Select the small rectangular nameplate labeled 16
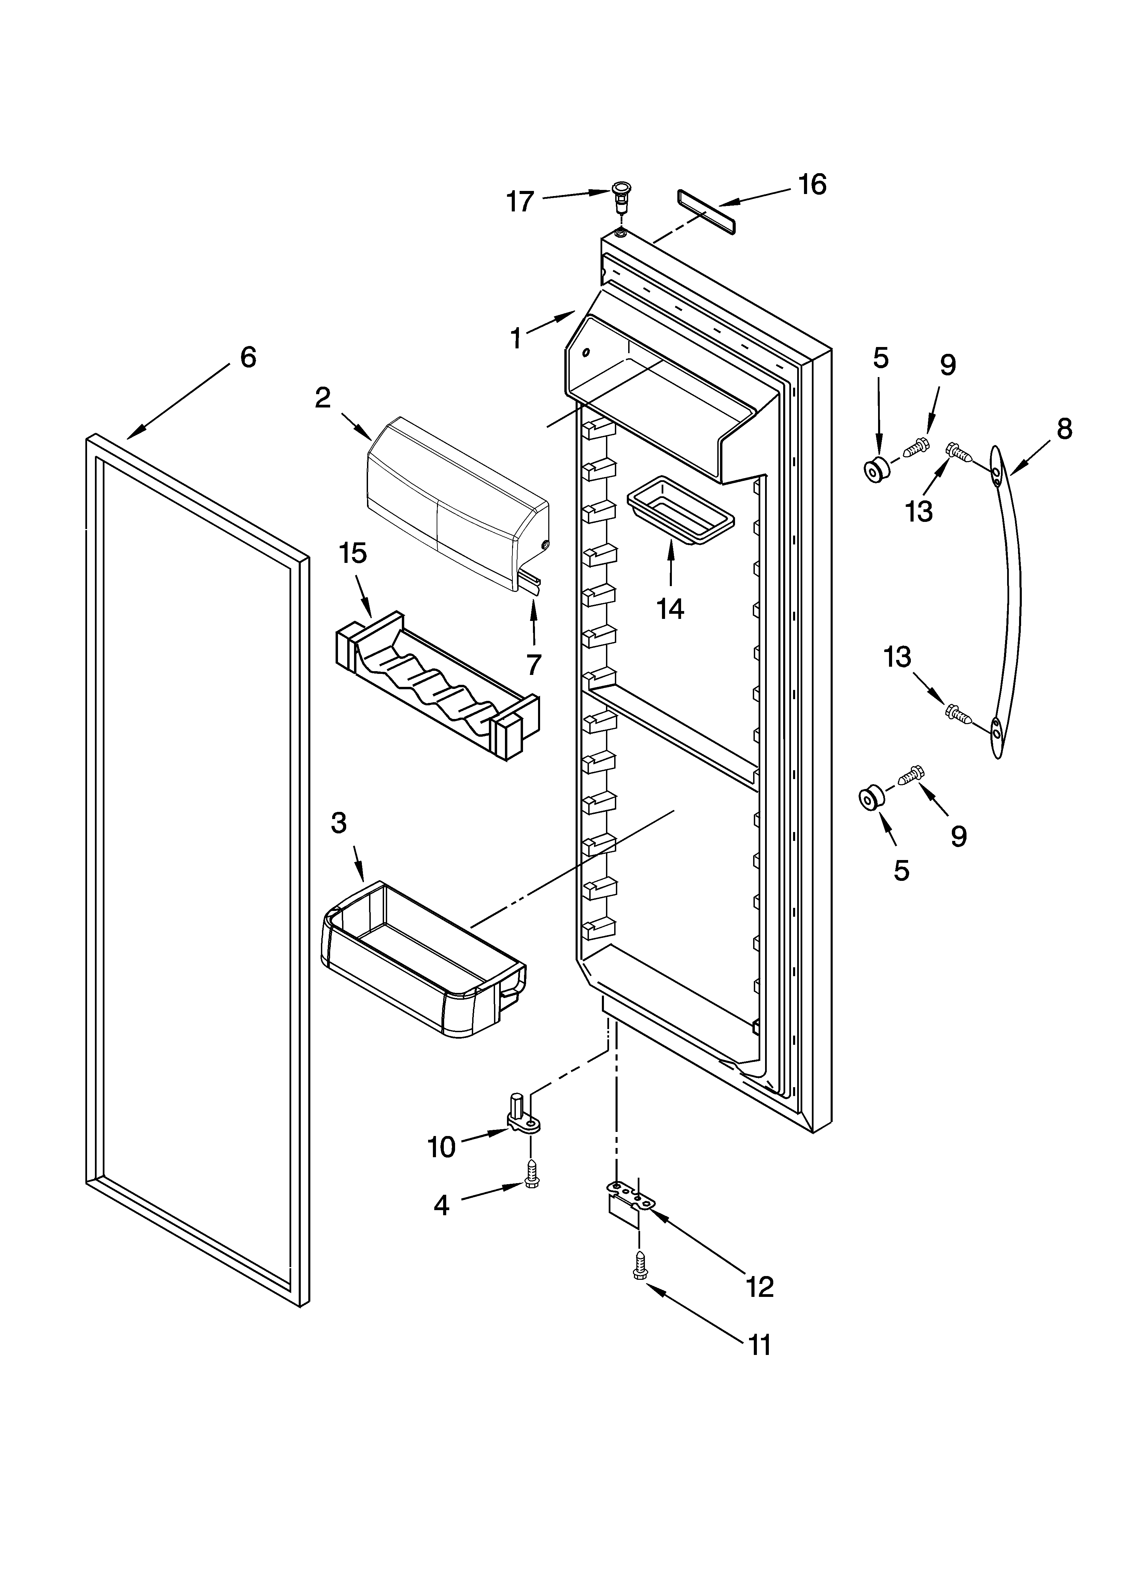705,207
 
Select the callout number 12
760,1287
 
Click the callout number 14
671,609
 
